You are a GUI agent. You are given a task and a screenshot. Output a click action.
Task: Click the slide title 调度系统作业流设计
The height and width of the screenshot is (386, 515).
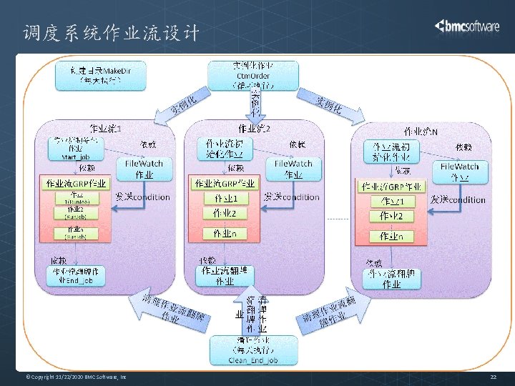111,33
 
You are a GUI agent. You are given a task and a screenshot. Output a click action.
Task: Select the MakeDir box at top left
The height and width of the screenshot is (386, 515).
99,75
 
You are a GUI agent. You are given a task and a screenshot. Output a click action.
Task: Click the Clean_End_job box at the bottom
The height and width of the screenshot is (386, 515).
252,350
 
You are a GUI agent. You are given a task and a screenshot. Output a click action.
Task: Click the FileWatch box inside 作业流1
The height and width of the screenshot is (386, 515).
144,169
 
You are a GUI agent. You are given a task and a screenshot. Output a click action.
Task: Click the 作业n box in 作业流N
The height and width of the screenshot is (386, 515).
391,236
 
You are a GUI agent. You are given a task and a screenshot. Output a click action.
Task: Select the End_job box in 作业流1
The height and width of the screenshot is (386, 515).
78,276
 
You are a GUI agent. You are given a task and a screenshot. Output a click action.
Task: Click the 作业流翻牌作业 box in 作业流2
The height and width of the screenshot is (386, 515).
225,276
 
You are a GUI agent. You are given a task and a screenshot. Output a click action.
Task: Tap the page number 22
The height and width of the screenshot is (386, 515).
493,377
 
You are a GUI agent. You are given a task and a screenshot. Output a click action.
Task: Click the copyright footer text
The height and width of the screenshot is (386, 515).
76,377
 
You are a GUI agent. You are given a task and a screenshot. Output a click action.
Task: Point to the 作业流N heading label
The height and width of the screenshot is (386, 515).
421,132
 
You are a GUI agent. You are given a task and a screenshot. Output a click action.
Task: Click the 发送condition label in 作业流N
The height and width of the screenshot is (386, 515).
458,200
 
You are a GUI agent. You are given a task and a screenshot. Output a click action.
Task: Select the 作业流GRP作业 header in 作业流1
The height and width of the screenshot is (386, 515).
76,184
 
